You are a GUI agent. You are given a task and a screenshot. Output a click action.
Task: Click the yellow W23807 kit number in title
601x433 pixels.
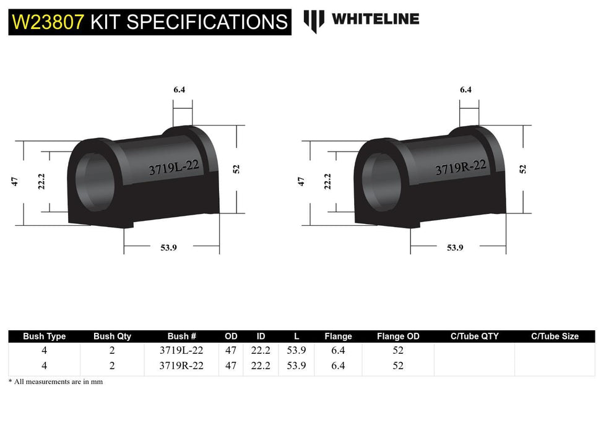click(x=48, y=22)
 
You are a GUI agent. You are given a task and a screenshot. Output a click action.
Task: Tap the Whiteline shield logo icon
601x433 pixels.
click(x=314, y=20)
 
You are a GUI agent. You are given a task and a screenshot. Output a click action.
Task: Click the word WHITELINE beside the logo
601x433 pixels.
click(x=375, y=19)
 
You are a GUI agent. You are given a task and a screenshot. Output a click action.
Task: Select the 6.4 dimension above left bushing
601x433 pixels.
click(x=179, y=89)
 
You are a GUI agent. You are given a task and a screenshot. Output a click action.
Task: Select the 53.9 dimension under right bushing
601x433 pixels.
click(x=455, y=247)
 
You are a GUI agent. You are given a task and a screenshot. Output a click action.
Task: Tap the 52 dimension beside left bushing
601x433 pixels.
click(x=236, y=168)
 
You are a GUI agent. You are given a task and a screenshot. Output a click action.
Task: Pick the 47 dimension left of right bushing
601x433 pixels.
click(x=301, y=181)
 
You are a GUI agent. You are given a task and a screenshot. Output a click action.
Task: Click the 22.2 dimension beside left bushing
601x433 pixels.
click(x=41, y=182)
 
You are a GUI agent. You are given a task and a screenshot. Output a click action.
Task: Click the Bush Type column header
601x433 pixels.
click(x=44, y=337)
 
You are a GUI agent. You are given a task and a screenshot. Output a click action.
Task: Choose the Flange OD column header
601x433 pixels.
click(x=398, y=337)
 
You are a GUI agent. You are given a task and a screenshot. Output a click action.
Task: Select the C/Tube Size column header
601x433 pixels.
click(x=555, y=337)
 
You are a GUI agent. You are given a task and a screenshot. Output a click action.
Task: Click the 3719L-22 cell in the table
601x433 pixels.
click(x=181, y=350)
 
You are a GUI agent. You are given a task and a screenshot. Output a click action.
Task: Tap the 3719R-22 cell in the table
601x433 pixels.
click(x=181, y=366)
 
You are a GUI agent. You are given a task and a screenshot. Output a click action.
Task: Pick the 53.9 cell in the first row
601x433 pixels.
click(x=297, y=350)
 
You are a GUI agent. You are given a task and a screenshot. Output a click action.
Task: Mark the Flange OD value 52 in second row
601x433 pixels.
click(x=398, y=366)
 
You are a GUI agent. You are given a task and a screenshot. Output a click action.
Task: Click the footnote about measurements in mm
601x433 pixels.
click(x=56, y=382)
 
